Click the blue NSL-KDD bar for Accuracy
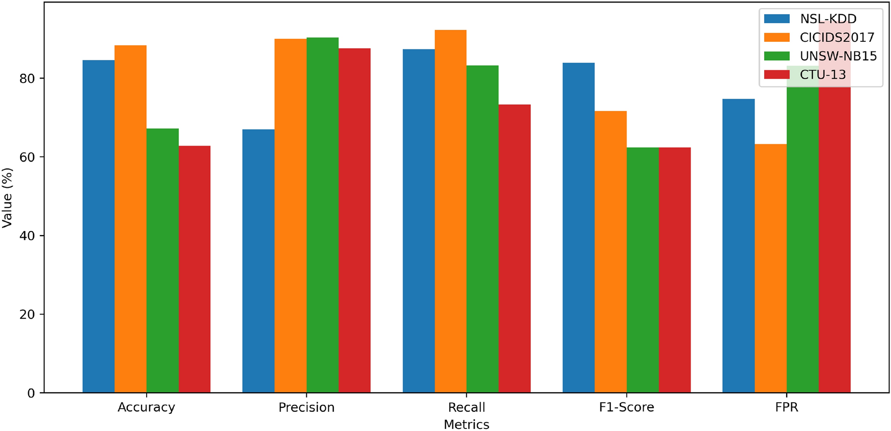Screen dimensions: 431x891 [x=98, y=227]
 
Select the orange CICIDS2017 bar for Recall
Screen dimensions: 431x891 [x=450, y=211]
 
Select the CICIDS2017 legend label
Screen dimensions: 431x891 [x=837, y=38]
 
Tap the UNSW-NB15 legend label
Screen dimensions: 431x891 [x=838, y=56]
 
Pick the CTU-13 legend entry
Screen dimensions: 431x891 [x=823, y=75]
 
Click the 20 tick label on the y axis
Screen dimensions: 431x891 [x=28, y=315]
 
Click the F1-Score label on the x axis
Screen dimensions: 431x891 [x=626, y=407]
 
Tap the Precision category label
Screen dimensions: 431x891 [x=306, y=407]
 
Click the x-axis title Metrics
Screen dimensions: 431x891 [x=466, y=424]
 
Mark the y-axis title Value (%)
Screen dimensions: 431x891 [x=7, y=197]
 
